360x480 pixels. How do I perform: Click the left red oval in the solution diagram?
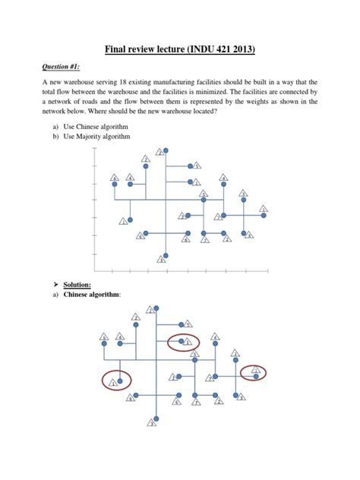coord(115,379)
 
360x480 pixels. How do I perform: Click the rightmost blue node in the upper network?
coord(264,215)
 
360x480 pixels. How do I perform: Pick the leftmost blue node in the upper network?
coord(114,184)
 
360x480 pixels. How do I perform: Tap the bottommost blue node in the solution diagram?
coord(155,417)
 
